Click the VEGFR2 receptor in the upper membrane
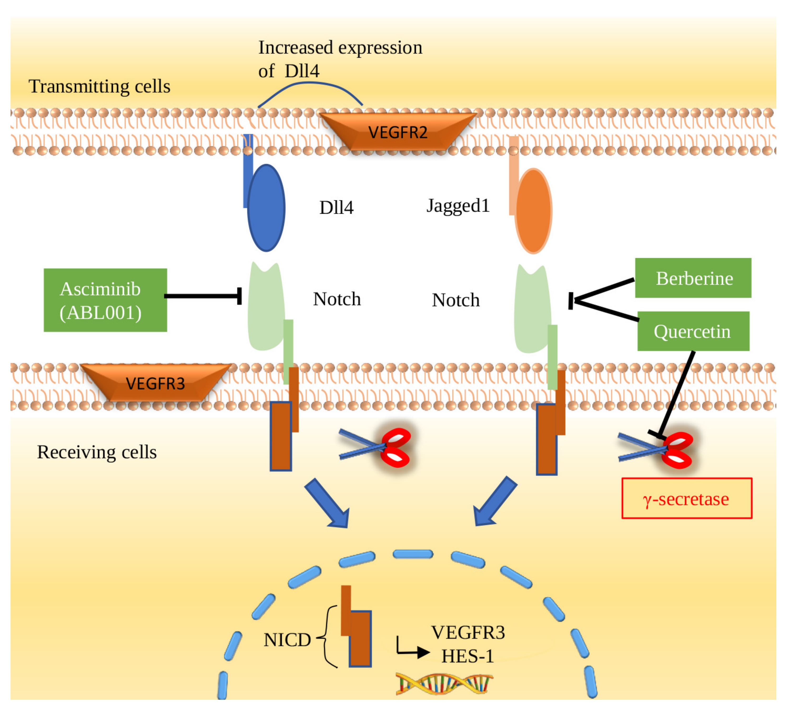398,132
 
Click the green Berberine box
693,278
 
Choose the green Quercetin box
693,331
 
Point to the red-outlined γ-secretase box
687,498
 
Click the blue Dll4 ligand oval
266,208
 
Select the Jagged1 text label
458,206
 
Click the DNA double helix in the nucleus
444,684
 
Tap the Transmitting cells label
99,86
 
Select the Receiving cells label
97,452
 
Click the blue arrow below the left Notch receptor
327,503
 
